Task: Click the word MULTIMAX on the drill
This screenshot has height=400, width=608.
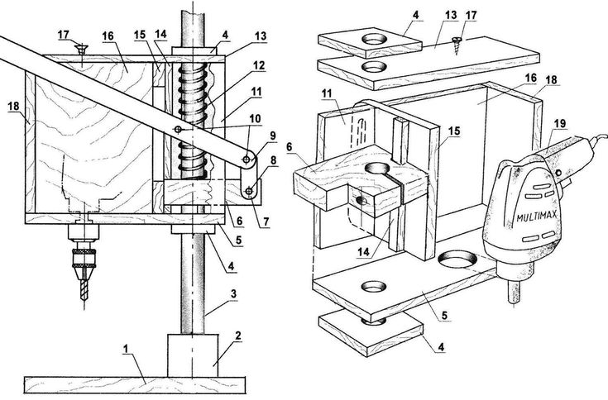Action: (x=537, y=216)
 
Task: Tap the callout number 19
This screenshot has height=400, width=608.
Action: (x=560, y=124)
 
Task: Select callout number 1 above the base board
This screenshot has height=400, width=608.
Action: (x=125, y=349)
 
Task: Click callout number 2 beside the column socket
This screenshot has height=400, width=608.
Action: (x=237, y=336)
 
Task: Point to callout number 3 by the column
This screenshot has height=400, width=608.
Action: (x=233, y=294)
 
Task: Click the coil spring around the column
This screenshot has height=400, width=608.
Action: (x=191, y=120)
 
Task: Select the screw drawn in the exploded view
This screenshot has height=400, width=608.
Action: (x=456, y=45)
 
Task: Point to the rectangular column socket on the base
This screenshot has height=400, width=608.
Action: (x=192, y=355)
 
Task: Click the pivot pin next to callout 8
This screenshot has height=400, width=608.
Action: (x=248, y=191)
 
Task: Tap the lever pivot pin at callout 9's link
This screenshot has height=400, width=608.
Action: (x=247, y=160)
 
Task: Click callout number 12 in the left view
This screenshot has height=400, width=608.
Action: (x=259, y=65)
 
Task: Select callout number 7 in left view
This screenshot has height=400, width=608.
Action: (x=266, y=222)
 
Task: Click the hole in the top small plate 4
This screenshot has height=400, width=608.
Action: (x=375, y=39)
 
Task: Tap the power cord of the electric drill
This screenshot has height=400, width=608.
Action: (x=597, y=140)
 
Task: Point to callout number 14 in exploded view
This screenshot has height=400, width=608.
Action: (x=363, y=252)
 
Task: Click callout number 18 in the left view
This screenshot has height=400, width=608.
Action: (x=13, y=106)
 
